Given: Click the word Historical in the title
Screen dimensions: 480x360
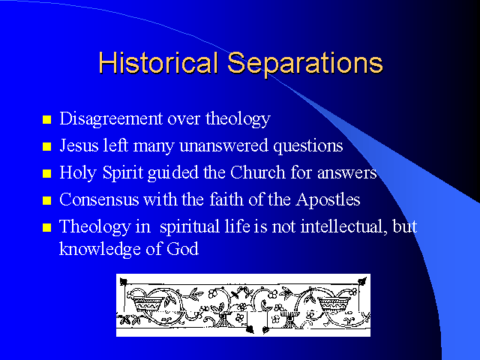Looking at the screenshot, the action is click(158, 62).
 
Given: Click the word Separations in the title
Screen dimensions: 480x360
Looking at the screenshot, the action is click(305, 64).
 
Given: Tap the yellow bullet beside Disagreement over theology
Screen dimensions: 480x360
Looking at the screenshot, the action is click(46, 119).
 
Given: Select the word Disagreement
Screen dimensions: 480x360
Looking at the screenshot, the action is click(111, 119).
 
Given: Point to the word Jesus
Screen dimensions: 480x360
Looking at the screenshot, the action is click(79, 145).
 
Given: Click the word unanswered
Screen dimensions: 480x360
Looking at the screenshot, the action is click(224, 146).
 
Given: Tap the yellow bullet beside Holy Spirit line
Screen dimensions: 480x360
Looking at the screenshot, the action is click(46, 173).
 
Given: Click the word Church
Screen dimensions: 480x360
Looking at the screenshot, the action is click(258, 172).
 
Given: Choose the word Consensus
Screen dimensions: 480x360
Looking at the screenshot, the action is click(99, 199).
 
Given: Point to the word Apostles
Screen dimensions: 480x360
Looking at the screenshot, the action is click(328, 200).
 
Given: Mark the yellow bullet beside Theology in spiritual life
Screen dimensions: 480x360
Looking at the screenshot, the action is click(46, 227).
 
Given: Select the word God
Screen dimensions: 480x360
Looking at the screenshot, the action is click(182, 248).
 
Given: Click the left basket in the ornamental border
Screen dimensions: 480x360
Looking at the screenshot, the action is click(148, 303).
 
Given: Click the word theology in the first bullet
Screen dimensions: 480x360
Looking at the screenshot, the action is click(238, 119).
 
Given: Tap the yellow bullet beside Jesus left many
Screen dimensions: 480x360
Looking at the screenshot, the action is click(46, 147).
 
